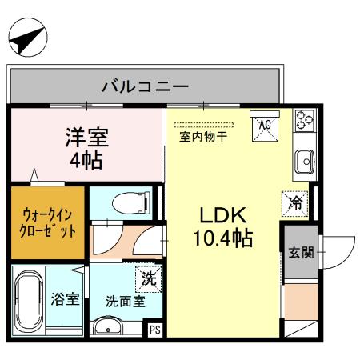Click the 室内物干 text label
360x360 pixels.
(x=202, y=136)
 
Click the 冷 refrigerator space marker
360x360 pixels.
(x=295, y=203)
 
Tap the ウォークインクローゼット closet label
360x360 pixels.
(x=48, y=222)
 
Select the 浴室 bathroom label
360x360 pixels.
(x=66, y=299)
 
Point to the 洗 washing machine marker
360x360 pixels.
(x=147, y=279)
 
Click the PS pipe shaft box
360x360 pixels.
(x=155, y=328)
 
